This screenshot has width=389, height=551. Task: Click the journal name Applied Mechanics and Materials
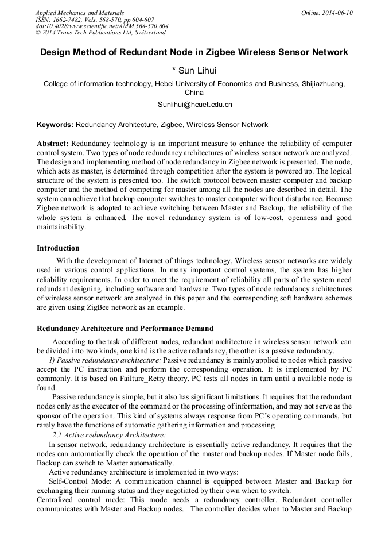(79, 13)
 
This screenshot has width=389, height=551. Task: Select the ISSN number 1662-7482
(72, 20)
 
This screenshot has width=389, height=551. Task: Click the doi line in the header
(102, 26)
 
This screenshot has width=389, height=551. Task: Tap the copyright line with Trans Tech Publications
(100, 33)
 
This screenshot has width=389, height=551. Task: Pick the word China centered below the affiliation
(194, 92)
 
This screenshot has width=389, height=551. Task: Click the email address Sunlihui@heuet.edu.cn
(194, 105)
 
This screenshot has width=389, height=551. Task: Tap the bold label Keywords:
(55, 125)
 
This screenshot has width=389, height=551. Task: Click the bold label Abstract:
(53, 143)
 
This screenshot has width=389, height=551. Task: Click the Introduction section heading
(58, 248)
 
